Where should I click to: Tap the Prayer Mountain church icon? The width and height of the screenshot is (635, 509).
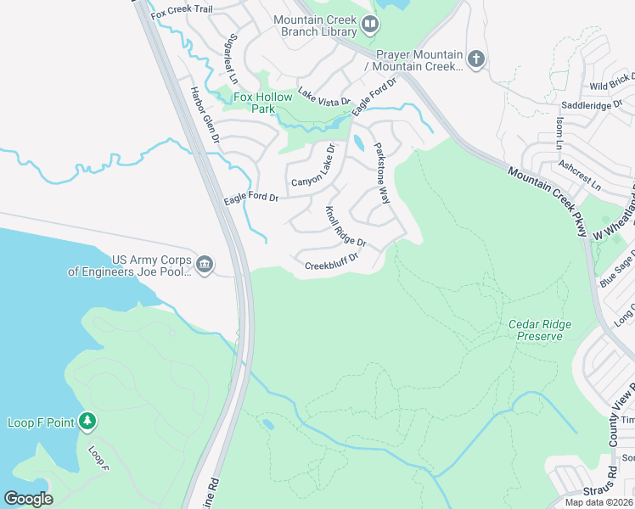(476, 59)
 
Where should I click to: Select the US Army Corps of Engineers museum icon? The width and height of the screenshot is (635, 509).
(205, 266)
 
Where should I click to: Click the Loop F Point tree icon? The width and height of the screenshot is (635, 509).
(87, 422)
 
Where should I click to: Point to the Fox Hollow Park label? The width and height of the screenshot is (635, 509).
(263, 103)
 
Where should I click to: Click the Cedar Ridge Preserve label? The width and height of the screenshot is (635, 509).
(540, 330)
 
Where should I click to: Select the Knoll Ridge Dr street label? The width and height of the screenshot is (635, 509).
(346, 227)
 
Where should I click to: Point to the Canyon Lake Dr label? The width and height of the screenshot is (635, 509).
(314, 166)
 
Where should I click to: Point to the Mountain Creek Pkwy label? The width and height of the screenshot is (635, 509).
(548, 201)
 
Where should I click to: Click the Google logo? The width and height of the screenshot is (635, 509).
(28, 498)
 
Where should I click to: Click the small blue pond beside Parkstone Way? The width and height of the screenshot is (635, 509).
(358, 143)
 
